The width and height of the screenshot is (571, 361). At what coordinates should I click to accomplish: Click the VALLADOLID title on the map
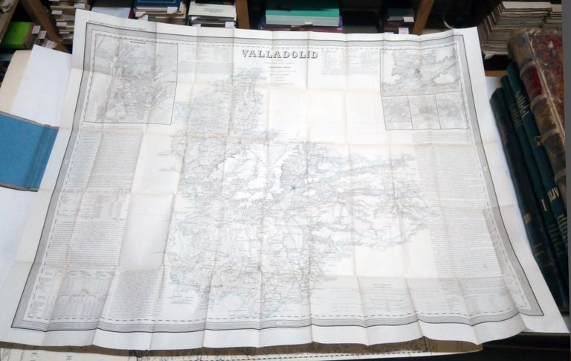point(280,54)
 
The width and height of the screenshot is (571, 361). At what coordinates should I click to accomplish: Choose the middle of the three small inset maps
point(425,111)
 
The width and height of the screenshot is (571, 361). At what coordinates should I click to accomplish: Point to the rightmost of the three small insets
point(451,109)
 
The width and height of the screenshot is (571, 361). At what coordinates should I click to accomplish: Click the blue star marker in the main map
point(294,188)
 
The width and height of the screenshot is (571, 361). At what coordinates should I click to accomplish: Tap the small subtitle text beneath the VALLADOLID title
point(280,68)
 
